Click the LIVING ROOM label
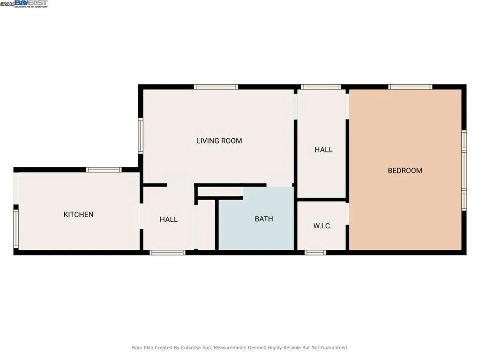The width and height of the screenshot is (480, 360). [219, 141]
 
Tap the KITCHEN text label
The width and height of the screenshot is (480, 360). [78, 215]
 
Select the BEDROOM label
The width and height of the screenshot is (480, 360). [405, 171]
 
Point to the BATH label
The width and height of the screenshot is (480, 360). [263, 219]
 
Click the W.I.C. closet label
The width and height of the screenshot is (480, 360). [322, 226]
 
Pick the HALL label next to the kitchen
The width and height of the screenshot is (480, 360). [168, 219]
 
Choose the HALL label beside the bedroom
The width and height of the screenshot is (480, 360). [323, 150]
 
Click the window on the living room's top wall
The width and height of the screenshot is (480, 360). [216, 87]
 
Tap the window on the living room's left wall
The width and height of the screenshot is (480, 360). [140, 135]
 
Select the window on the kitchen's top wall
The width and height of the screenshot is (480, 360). [104, 170]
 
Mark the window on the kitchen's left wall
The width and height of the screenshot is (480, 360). [15, 228]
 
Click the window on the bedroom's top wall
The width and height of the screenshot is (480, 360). [410, 87]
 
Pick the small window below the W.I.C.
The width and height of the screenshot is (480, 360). [315, 253]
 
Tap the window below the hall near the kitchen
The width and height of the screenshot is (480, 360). [167, 253]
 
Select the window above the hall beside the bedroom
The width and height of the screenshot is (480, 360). [321, 87]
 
